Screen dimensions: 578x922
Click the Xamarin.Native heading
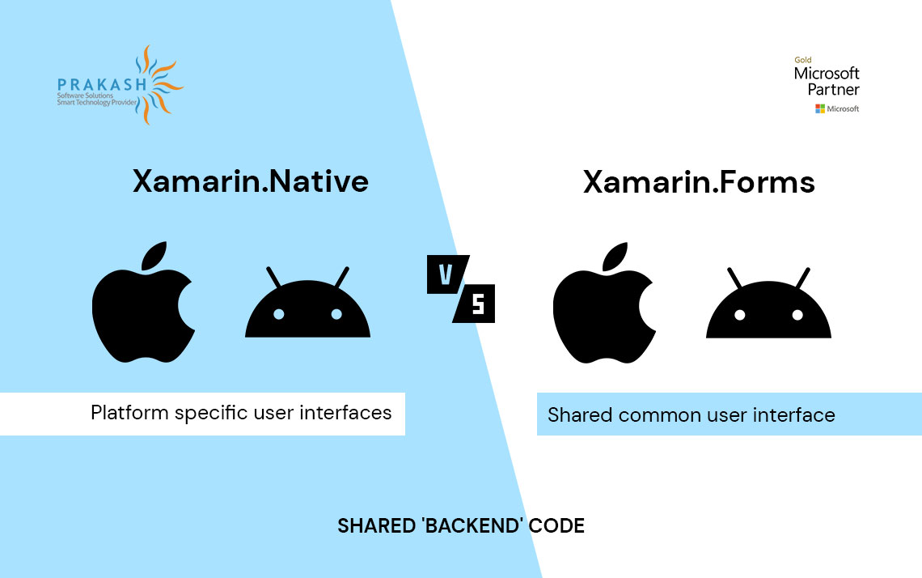[250, 181]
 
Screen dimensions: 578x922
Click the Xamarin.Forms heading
[699, 182]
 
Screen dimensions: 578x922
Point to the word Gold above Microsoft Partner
[802, 60]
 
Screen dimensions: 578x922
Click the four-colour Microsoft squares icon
[819, 108]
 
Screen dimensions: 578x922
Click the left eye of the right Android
[740, 314]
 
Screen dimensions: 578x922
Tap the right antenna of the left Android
[340, 278]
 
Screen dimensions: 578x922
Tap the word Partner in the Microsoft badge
[833, 89]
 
